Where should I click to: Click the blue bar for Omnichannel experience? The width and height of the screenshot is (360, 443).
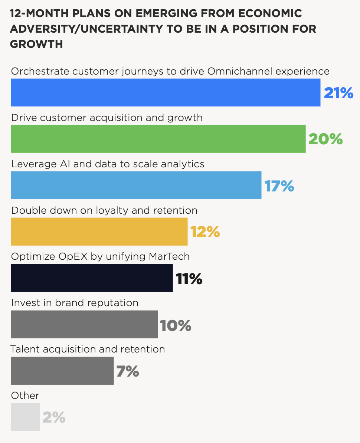[166, 92]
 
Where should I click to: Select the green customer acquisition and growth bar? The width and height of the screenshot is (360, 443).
[158, 139]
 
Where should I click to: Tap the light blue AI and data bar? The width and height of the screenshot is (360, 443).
[136, 185]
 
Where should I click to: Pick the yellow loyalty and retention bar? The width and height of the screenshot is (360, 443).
[99, 232]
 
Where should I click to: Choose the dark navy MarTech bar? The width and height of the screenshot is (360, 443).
[92, 278]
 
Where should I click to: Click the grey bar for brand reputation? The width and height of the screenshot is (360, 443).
[84, 324]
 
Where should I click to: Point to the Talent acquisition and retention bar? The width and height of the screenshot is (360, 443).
[62, 371]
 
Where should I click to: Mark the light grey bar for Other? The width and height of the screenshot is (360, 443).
[25, 417]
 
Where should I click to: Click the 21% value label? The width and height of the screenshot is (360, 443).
[338, 93]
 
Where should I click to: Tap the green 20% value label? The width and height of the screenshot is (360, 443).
[325, 139]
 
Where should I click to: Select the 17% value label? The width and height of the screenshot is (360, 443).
[279, 186]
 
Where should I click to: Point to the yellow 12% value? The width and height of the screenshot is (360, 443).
[205, 232]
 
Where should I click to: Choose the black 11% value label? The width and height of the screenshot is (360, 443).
[189, 279]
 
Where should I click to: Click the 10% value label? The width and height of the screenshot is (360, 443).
[176, 325]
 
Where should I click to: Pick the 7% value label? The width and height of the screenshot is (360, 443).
[128, 371]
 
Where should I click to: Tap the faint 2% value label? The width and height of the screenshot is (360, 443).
[54, 418]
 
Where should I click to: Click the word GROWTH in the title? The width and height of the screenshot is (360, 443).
[36, 44]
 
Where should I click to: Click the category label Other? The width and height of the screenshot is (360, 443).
[25, 396]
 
